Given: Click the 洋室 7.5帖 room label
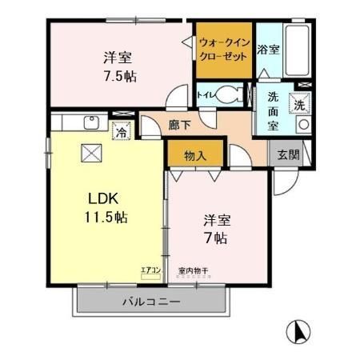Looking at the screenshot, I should click(117, 66).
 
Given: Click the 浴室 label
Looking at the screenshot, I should click(267, 50).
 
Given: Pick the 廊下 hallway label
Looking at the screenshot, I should click(180, 126).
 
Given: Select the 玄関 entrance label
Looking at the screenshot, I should click(287, 154).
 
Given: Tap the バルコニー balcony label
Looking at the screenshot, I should click(151, 302).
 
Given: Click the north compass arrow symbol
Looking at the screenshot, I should click(297, 330).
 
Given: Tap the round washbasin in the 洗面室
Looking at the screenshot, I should click(302, 126).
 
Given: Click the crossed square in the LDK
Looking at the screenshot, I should click(89, 154).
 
